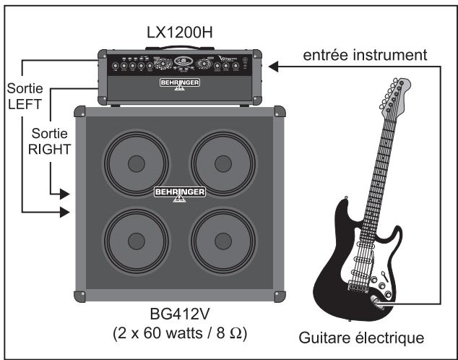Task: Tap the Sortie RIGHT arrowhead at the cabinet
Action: click(66, 194)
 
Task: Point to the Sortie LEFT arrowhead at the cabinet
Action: click(66, 212)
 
